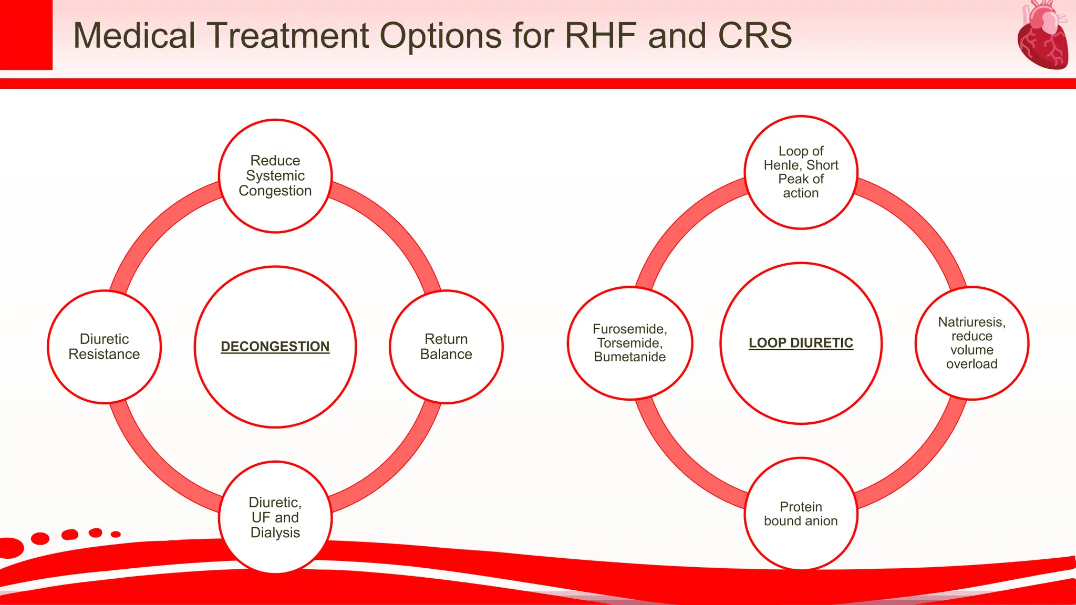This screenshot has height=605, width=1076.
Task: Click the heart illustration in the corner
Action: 1042,36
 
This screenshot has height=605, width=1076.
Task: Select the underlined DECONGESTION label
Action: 275,347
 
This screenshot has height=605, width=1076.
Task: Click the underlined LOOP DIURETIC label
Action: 801,343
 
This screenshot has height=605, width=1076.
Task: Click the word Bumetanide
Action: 629,357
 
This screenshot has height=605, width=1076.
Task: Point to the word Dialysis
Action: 275,533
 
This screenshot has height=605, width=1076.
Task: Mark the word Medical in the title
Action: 134,36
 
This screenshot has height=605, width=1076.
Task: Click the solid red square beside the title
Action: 26,35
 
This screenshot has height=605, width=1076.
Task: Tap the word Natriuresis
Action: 971,322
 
